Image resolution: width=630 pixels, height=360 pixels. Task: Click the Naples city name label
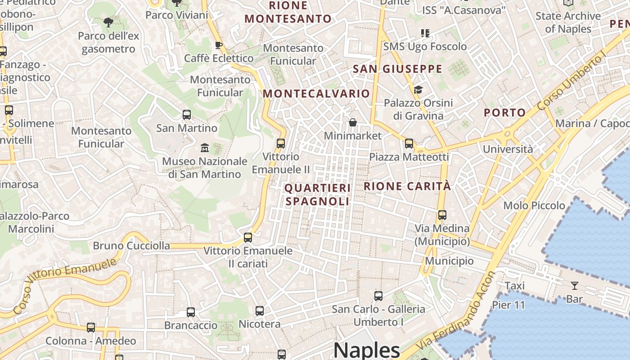[x=366, y=350]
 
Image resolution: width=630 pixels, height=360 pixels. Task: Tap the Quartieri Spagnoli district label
[x=318, y=194]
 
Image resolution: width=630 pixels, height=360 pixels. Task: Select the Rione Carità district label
[x=407, y=186]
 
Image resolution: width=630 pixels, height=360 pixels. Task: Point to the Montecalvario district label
[x=316, y=94]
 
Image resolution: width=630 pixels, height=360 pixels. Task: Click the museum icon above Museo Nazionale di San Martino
[x=205, y=148]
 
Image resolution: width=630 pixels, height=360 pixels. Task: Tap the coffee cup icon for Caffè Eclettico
[x=219, y=45]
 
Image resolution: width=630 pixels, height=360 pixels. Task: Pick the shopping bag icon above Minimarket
[x=353, y=122]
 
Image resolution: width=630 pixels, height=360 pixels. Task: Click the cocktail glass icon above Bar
[x=574, y=285]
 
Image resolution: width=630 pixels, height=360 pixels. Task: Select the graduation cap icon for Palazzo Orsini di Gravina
[x=418, y=90]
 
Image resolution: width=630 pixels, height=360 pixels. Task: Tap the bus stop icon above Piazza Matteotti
[x=409, y=144]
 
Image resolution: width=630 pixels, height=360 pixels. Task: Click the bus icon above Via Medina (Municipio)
[x=442, y=215]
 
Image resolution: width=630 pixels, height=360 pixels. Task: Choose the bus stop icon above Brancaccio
[x=191, y=312]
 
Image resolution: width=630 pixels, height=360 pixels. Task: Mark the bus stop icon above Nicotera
[x=259, y=310]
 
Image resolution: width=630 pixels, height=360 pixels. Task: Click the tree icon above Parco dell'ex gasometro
[x=108, y=22]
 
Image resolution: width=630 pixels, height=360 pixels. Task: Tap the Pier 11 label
[x=508, y=305]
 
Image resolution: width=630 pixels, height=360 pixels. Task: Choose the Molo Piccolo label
[x=534, y=205]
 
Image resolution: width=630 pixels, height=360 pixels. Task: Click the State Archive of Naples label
[x=568, y=22]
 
